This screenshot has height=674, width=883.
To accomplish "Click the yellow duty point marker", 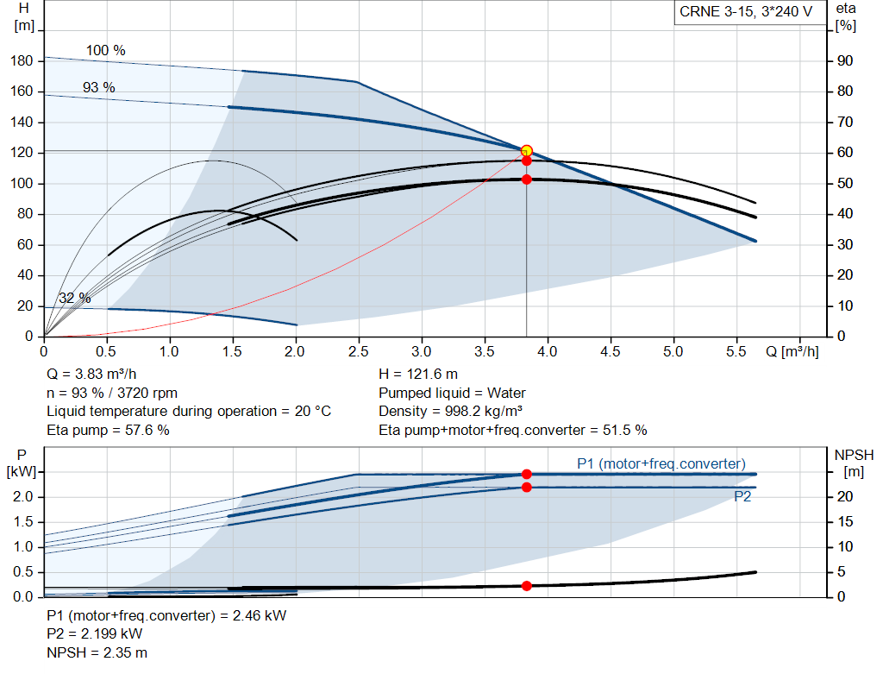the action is click(x=527, y=151).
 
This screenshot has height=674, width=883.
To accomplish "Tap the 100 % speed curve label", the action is click(x=105, y=50).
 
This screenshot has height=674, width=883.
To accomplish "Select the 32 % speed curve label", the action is click(x=74, y=298).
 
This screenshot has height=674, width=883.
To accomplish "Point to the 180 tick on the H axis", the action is click(x=22, y=61).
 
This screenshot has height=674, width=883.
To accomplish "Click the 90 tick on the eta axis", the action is click(x=845, y=61).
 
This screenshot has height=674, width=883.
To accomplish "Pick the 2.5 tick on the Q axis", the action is click(x=358, y=351).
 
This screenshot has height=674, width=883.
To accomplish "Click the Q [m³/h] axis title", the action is click(x=792, y=351).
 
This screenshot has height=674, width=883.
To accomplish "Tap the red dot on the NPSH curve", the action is click(x=527, y=586).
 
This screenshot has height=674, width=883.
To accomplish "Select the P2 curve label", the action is click(x=742, y=496).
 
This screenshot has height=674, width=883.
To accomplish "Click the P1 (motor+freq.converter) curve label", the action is click(x=661, y=463).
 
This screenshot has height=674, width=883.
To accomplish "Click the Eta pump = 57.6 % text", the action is click(x=108, y=430).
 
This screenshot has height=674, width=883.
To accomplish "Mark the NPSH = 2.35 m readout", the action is click(x=97, y=652).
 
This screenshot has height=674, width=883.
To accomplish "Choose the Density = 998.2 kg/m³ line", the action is click(x=450, y=412).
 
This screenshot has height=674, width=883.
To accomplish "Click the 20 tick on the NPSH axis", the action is click(x=845, y=496).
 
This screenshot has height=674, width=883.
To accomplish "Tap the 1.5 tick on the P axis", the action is click(x=23, y=522).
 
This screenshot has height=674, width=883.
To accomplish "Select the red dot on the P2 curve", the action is click(x=527, y=487).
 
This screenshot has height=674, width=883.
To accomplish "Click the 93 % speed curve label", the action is click(x=99, y=87).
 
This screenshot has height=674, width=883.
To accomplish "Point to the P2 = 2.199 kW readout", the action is click(x=95, y=634).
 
